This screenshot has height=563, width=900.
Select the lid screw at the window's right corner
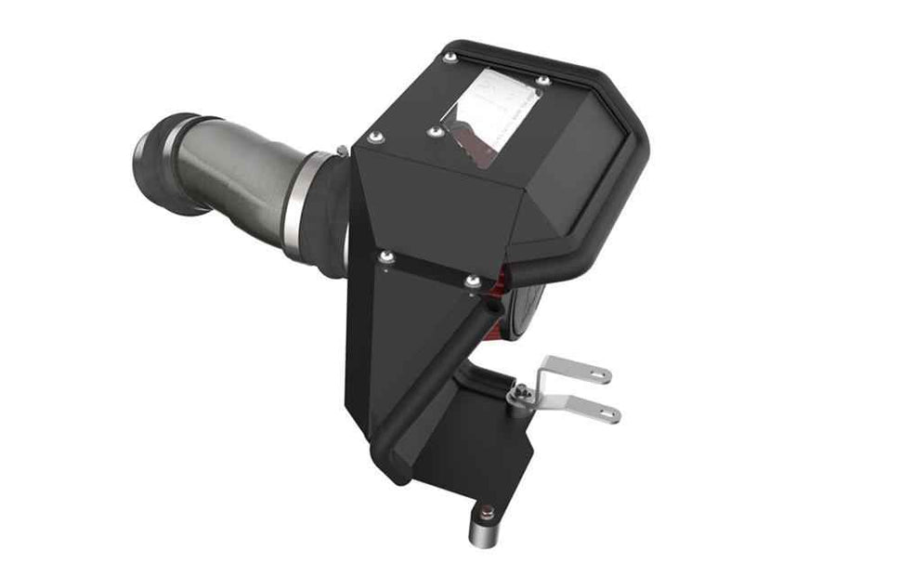point(543,82)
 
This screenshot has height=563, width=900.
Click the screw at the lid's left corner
point(375,137)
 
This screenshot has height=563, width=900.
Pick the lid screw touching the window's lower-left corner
point(434,132)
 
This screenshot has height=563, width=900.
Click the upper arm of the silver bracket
point(576,370)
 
